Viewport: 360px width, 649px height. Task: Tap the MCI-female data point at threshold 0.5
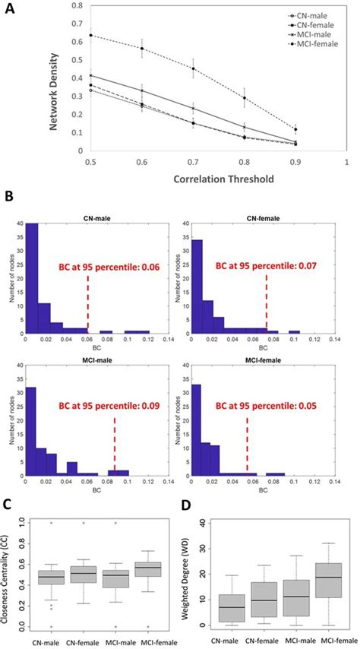92,36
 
